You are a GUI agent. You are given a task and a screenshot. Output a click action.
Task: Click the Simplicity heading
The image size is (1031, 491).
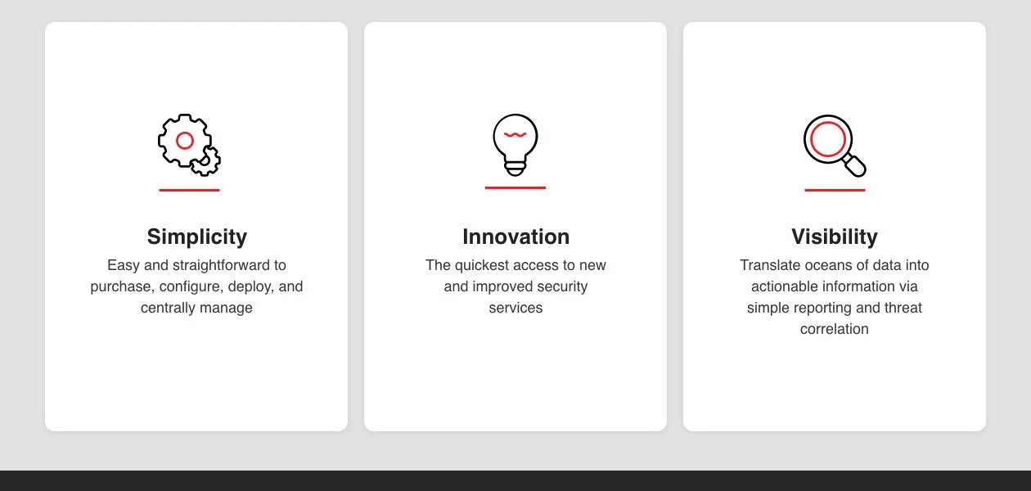point(196,236)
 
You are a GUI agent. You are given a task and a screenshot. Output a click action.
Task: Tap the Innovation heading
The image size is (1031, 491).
point(515,236)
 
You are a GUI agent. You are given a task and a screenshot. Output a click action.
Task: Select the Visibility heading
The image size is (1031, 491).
point(834,236)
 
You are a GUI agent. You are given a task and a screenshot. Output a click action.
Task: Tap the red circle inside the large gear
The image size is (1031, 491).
point(185,141)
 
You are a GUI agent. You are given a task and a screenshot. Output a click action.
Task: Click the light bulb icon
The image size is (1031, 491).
point(515,141)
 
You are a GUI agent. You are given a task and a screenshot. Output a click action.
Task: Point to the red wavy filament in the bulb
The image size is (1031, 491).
point(515,134)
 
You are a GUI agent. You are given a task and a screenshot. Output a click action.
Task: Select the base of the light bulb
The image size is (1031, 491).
point(515,168)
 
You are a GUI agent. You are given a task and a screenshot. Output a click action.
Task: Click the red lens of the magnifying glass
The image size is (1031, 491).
point(827,138)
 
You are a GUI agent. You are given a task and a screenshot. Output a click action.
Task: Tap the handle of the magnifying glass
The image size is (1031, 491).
point(854,165)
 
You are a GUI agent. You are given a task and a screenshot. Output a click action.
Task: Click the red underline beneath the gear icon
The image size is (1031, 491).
point(189,190)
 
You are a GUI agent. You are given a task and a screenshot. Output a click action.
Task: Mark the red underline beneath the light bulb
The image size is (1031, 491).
point(515,187)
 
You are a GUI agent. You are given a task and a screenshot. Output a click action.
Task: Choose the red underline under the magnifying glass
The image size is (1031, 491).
point(835,190)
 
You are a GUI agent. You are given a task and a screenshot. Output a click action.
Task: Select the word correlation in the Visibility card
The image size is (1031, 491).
point(834,329)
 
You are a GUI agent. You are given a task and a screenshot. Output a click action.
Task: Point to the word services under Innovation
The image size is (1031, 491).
point(515,308)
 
